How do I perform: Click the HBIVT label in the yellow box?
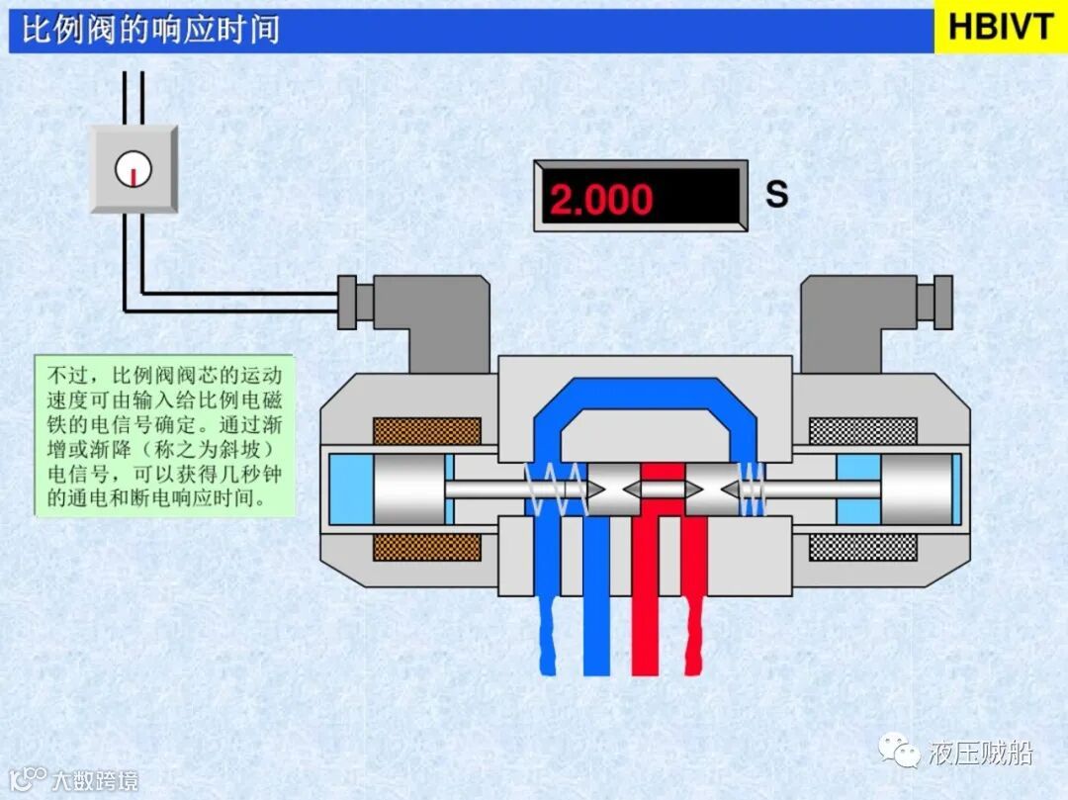pos(1000,27)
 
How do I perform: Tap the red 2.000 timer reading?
pos(601,200)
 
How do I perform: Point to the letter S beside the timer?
pos(777,194)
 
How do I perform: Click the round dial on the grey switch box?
pos(133,170)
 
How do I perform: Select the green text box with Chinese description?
pos(165,435)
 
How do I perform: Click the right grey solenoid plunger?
pos(914,489)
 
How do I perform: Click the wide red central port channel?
pos(658,593)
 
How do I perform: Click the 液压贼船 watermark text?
pos(981,754)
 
